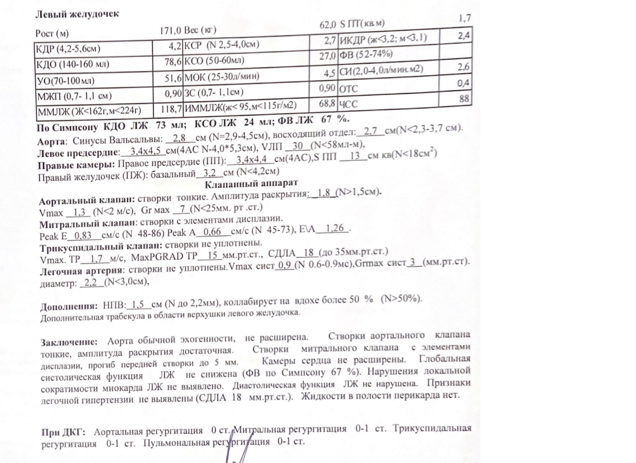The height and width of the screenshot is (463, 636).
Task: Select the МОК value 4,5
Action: (x=330, y=72)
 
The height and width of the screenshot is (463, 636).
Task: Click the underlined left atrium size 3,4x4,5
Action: (x=143, y=152)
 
